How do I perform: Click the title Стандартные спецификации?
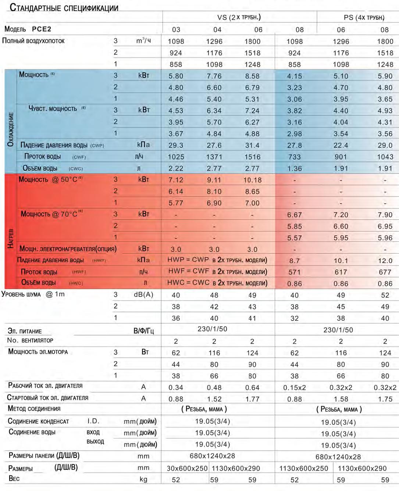click(x=64, y=8)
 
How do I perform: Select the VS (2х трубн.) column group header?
click(x=239, y=17)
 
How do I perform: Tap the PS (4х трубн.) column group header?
click(x=364, y=18)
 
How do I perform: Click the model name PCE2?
click(x=42, y=29)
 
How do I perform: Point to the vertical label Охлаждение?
click(x=10, y=129)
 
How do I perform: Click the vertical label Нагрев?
click(x=11, y=239)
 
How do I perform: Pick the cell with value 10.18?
click(x=252, y=180)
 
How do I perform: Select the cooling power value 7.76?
click(x=214, y=76)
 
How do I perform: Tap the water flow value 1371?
click(x=214, y=157)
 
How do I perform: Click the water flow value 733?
click(x=295, y=157)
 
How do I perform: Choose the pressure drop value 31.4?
click(x=252, y=146)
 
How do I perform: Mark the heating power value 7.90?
click(x=385, y=215)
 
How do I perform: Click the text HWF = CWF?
click(x=188, y=271)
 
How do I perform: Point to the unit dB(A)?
click(x=143, y=295)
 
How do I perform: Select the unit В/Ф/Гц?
click(x=143, y=331)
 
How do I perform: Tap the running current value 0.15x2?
click(x=295, y=388)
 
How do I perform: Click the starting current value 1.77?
click(x=252, y=399)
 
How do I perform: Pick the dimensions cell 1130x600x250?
click(x=303, y=469)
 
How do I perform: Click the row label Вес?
click(x=14, y=479)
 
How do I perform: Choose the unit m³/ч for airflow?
click(x=143, y=40)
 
